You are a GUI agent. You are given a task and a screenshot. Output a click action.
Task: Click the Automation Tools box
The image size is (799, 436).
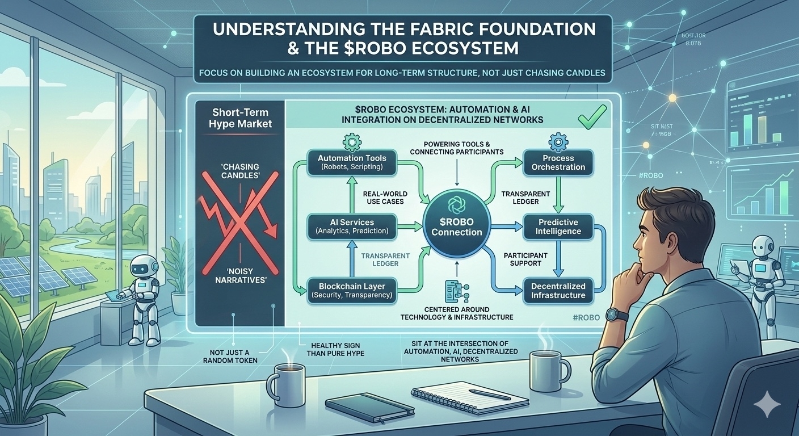(352, 163)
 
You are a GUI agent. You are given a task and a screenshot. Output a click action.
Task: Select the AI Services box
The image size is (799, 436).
(352, 226)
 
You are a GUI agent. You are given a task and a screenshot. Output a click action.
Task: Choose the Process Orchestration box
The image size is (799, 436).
(558, 162)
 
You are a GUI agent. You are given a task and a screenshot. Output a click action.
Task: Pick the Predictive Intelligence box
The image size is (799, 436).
(558, 227)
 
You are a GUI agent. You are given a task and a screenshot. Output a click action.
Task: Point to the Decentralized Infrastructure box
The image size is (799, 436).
(558, 291)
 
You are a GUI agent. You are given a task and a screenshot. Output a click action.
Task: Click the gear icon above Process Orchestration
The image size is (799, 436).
(558, 140)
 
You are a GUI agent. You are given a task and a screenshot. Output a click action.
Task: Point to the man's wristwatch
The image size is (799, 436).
(615, 315)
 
